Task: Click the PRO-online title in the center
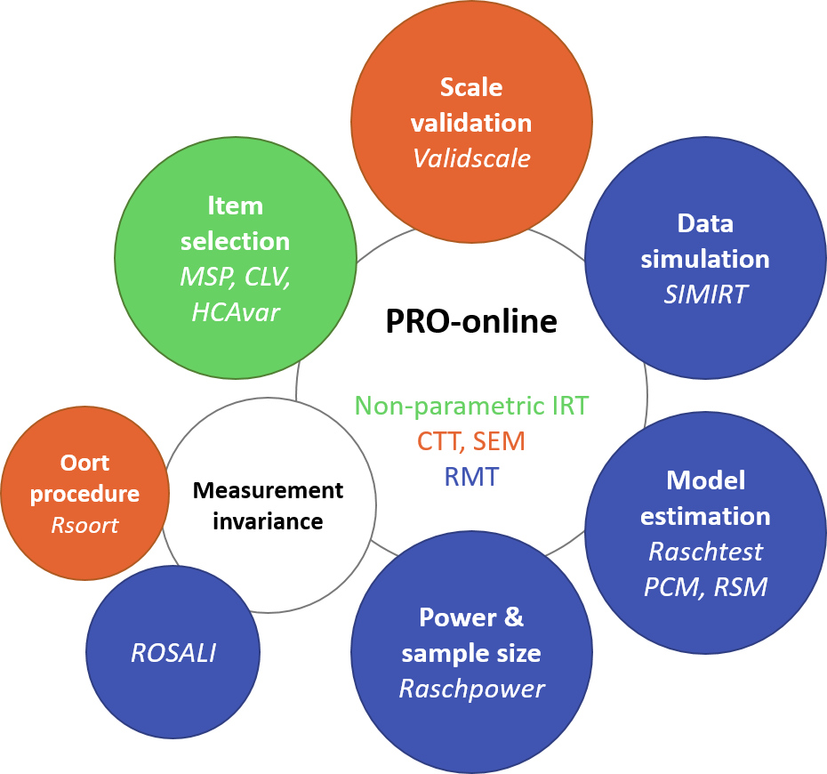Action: [471, 321]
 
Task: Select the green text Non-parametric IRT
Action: [471, 406]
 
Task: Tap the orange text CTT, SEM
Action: [471, 440]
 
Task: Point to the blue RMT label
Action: [471, 476]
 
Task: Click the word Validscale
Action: [471, 158]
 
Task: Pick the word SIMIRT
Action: [705, 294]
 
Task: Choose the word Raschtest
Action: [705, 552]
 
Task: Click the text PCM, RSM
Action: [705, 587]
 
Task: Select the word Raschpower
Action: [471, 689]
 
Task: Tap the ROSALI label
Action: [173, 653]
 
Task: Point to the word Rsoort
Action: [84, 526]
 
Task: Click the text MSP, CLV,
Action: [236, 277]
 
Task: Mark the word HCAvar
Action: [236, 312]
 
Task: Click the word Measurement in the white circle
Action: [268, 490]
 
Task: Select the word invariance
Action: [268, 521]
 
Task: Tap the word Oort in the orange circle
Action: [84, 463]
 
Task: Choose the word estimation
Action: [705, 516]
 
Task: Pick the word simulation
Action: [705, 259]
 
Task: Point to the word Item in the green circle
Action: [236, 206]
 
